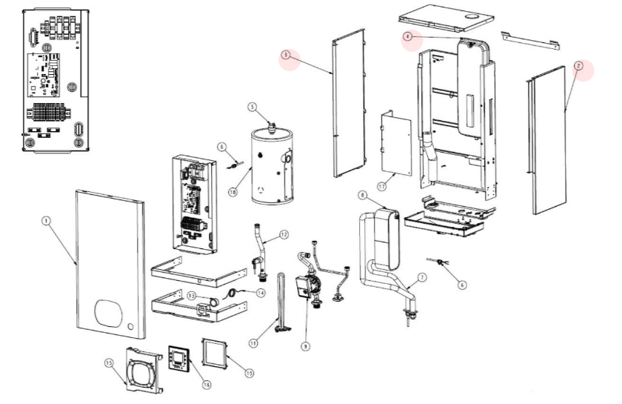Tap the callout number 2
point(579,66)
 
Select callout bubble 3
point(287,54)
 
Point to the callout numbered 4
point(408,36)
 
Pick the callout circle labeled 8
point(362,195)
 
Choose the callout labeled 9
point(304,345)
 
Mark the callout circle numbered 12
point(284,235)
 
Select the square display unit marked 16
point(180,359)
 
